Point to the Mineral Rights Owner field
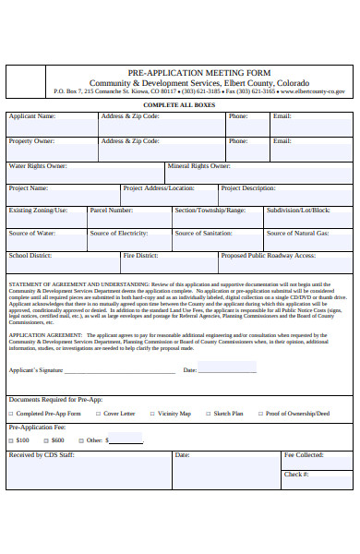258,175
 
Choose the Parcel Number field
128,220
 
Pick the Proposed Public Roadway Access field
285,265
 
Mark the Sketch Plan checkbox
207,414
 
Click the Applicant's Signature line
120,370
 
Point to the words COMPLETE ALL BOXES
179,105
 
